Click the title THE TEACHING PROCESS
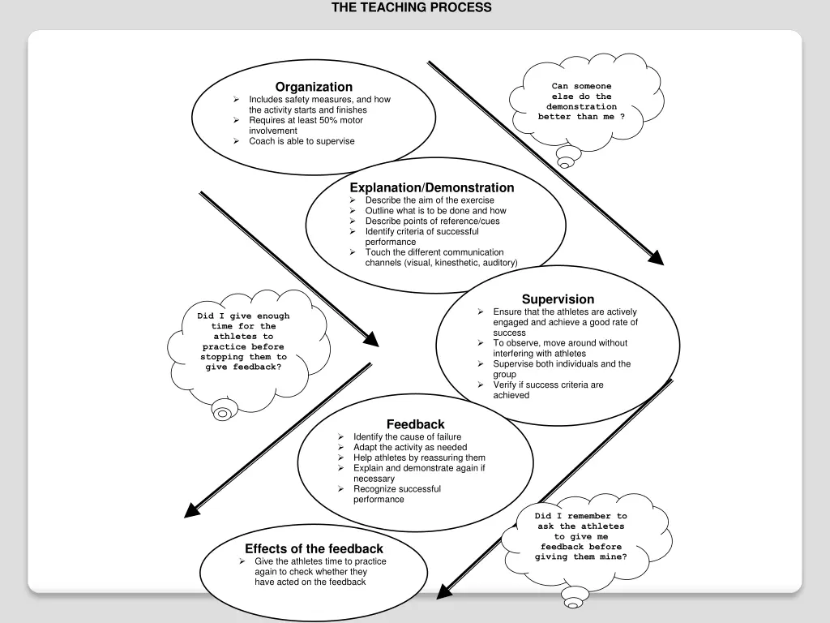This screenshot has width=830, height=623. pyautogui.click(x=411, y=7)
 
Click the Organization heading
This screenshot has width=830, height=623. pyautogui.click(x=314, y=87)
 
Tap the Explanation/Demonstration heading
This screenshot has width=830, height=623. pyautogui.click(x=431, y=187)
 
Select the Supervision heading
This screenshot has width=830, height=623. pyautogui.click(x=558, y=299)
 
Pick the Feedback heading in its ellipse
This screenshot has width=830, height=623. pyautogui.click(x=415, y=424)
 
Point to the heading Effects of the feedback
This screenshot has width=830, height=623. pyautogui.click(x=314, y=549)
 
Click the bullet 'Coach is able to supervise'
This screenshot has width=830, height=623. pyautogui.click(x=302, y=141)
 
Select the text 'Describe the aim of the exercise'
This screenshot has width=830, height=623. pyautogui.click(x=429, y=200)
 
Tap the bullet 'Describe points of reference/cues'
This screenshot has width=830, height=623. pyautogui.click(x=432, y=221)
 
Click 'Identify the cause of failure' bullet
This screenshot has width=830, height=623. pyautogui.click(x=407, y=437)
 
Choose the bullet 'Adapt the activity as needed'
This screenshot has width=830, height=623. pyautogui.click(x=409, y=448)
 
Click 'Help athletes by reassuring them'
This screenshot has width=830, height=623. pyautogui.click(x=419, y=458)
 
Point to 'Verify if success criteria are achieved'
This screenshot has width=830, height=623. pyautogui.click(x=548, y=390)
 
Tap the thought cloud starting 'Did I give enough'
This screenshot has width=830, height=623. pyautogui.click(x=243, y=342)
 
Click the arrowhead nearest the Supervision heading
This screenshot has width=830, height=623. pyautogui.click(x=657, y=259)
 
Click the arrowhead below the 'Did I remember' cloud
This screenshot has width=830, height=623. pyautogui.click(x=443, y=595)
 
